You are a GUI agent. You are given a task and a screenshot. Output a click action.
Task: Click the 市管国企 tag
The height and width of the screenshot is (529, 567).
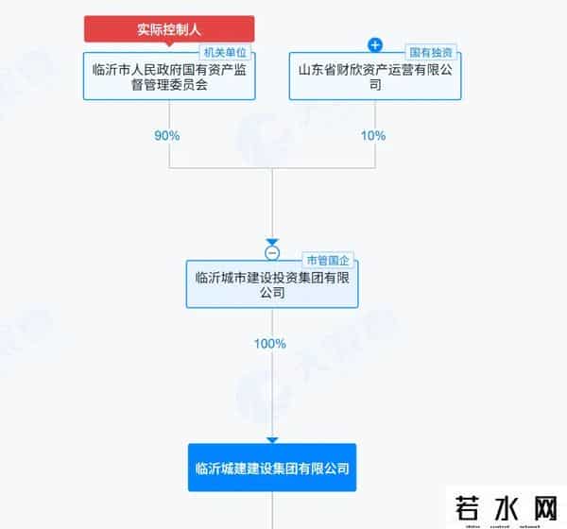point(327,260)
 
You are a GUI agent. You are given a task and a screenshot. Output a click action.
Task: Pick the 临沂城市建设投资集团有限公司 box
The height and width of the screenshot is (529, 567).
point(272,285)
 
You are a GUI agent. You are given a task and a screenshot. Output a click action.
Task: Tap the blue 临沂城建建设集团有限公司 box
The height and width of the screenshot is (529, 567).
point(272,468)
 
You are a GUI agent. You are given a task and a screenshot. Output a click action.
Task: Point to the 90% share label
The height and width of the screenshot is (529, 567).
point(167,135)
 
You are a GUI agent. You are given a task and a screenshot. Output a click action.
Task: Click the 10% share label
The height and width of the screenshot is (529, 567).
point(373,135)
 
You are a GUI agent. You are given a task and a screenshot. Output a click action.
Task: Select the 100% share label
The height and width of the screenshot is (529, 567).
point(270,344)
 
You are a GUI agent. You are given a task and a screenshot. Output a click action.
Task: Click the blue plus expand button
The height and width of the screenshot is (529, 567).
point(374,44)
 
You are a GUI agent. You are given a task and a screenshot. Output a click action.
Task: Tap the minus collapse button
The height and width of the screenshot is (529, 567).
point(272,253)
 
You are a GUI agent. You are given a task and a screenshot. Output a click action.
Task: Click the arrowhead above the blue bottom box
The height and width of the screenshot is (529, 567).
point(272,439)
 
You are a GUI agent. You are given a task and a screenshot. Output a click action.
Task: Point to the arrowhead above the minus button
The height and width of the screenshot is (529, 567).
point(272,242)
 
